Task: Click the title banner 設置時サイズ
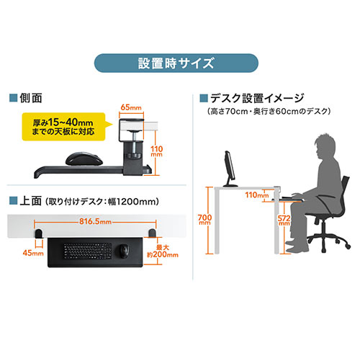pyautogui.click(x=176, y=63)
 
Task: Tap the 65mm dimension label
pyautogui.click(x=131, y=107)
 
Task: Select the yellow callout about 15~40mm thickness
pyautogui.click(x=64, y=127)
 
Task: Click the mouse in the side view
pyautogui.click(x=84, y=159)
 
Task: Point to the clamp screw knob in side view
pyautogui.click(x=134, y=156)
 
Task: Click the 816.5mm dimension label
pyautogui.click(x=95, y=221)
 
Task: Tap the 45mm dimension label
pyautogui.click(x=33, y=253)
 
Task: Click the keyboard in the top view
pyautogui.click(x=88, y=251)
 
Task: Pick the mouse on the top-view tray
pyautogui.click(x=124, y=251)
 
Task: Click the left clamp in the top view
pyautogui.click(x=39, y=233)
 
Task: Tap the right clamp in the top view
pyautogui.click(x=152, y=233)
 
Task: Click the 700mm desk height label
pyautogui.click(x=204, y=219)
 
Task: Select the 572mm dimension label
pyautogui.click(x=284, y=220)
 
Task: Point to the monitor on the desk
pyautogui.click(x=230, y=169)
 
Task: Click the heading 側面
pyautogui.click(x=31, y=98)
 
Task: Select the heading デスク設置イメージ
pyautogui.click(x=257, y=98)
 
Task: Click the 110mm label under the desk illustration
pyautogui.click(x=257, y=195)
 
